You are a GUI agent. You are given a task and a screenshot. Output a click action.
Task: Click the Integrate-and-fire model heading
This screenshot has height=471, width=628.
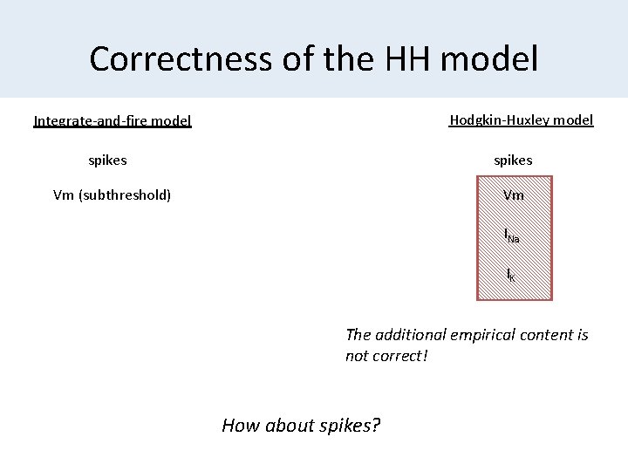[113, 120]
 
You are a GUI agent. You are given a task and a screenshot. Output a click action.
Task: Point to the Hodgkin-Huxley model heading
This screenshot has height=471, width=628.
[522, 119]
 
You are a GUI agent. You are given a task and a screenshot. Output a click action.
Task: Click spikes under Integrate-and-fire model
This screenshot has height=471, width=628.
[107, 160]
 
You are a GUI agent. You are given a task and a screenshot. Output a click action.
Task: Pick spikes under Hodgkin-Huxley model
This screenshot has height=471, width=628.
[513, 160]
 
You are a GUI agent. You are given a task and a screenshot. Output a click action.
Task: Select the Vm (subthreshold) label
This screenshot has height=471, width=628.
[112, 195]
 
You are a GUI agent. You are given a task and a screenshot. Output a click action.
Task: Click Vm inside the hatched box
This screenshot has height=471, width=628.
[514, 195]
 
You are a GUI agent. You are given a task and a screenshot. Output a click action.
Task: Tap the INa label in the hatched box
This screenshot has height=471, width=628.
[512, 235]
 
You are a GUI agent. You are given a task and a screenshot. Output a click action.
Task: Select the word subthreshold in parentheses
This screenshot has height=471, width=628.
[124, 195]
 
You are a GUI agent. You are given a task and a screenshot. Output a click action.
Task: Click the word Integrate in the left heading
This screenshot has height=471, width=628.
[63, 120]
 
